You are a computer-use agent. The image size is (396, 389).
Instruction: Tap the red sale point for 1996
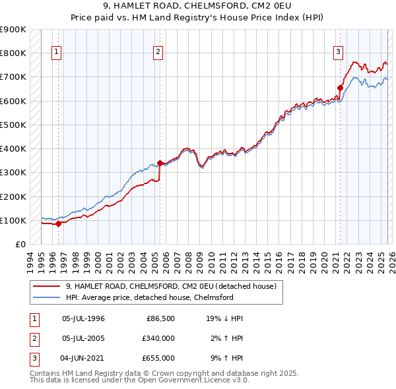[x=58, y=224]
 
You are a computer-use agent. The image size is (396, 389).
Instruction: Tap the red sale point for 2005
[x=160, y=163]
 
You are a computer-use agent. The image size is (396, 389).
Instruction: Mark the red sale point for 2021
[x=341, y=88]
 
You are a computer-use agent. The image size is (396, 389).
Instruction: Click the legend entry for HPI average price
[x=150, y=297]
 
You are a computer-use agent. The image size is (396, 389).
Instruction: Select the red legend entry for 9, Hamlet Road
[x=174, y=285]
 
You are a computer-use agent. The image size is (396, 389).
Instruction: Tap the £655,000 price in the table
[x=158, y=358]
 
